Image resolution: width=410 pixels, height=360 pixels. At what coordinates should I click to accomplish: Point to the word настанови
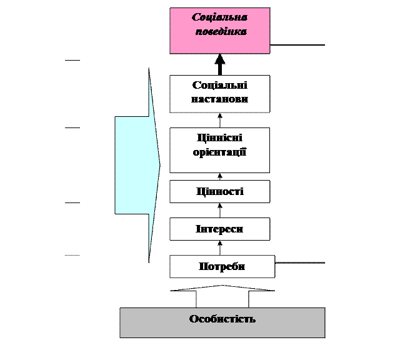(220, 99)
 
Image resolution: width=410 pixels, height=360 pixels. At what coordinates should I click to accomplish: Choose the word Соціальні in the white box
(220, 86)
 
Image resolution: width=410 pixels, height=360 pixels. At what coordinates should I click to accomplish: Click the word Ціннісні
(219, 138)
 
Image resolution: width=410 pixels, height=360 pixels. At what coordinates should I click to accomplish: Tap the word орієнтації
(220, 151)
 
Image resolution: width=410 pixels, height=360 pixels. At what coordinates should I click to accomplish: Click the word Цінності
(219, 191)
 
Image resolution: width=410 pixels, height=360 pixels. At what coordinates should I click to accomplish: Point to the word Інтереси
(219, 229)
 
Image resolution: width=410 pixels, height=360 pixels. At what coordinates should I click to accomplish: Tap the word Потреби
(222, 266)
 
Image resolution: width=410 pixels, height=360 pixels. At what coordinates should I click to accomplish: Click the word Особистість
(222, 319)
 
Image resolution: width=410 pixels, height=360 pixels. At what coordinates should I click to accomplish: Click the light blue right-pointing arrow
(134, 166)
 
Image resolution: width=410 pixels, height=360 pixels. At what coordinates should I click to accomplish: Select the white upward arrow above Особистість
(222, 297)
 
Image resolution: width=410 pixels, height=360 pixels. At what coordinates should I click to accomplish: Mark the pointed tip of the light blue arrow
(159, 166)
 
